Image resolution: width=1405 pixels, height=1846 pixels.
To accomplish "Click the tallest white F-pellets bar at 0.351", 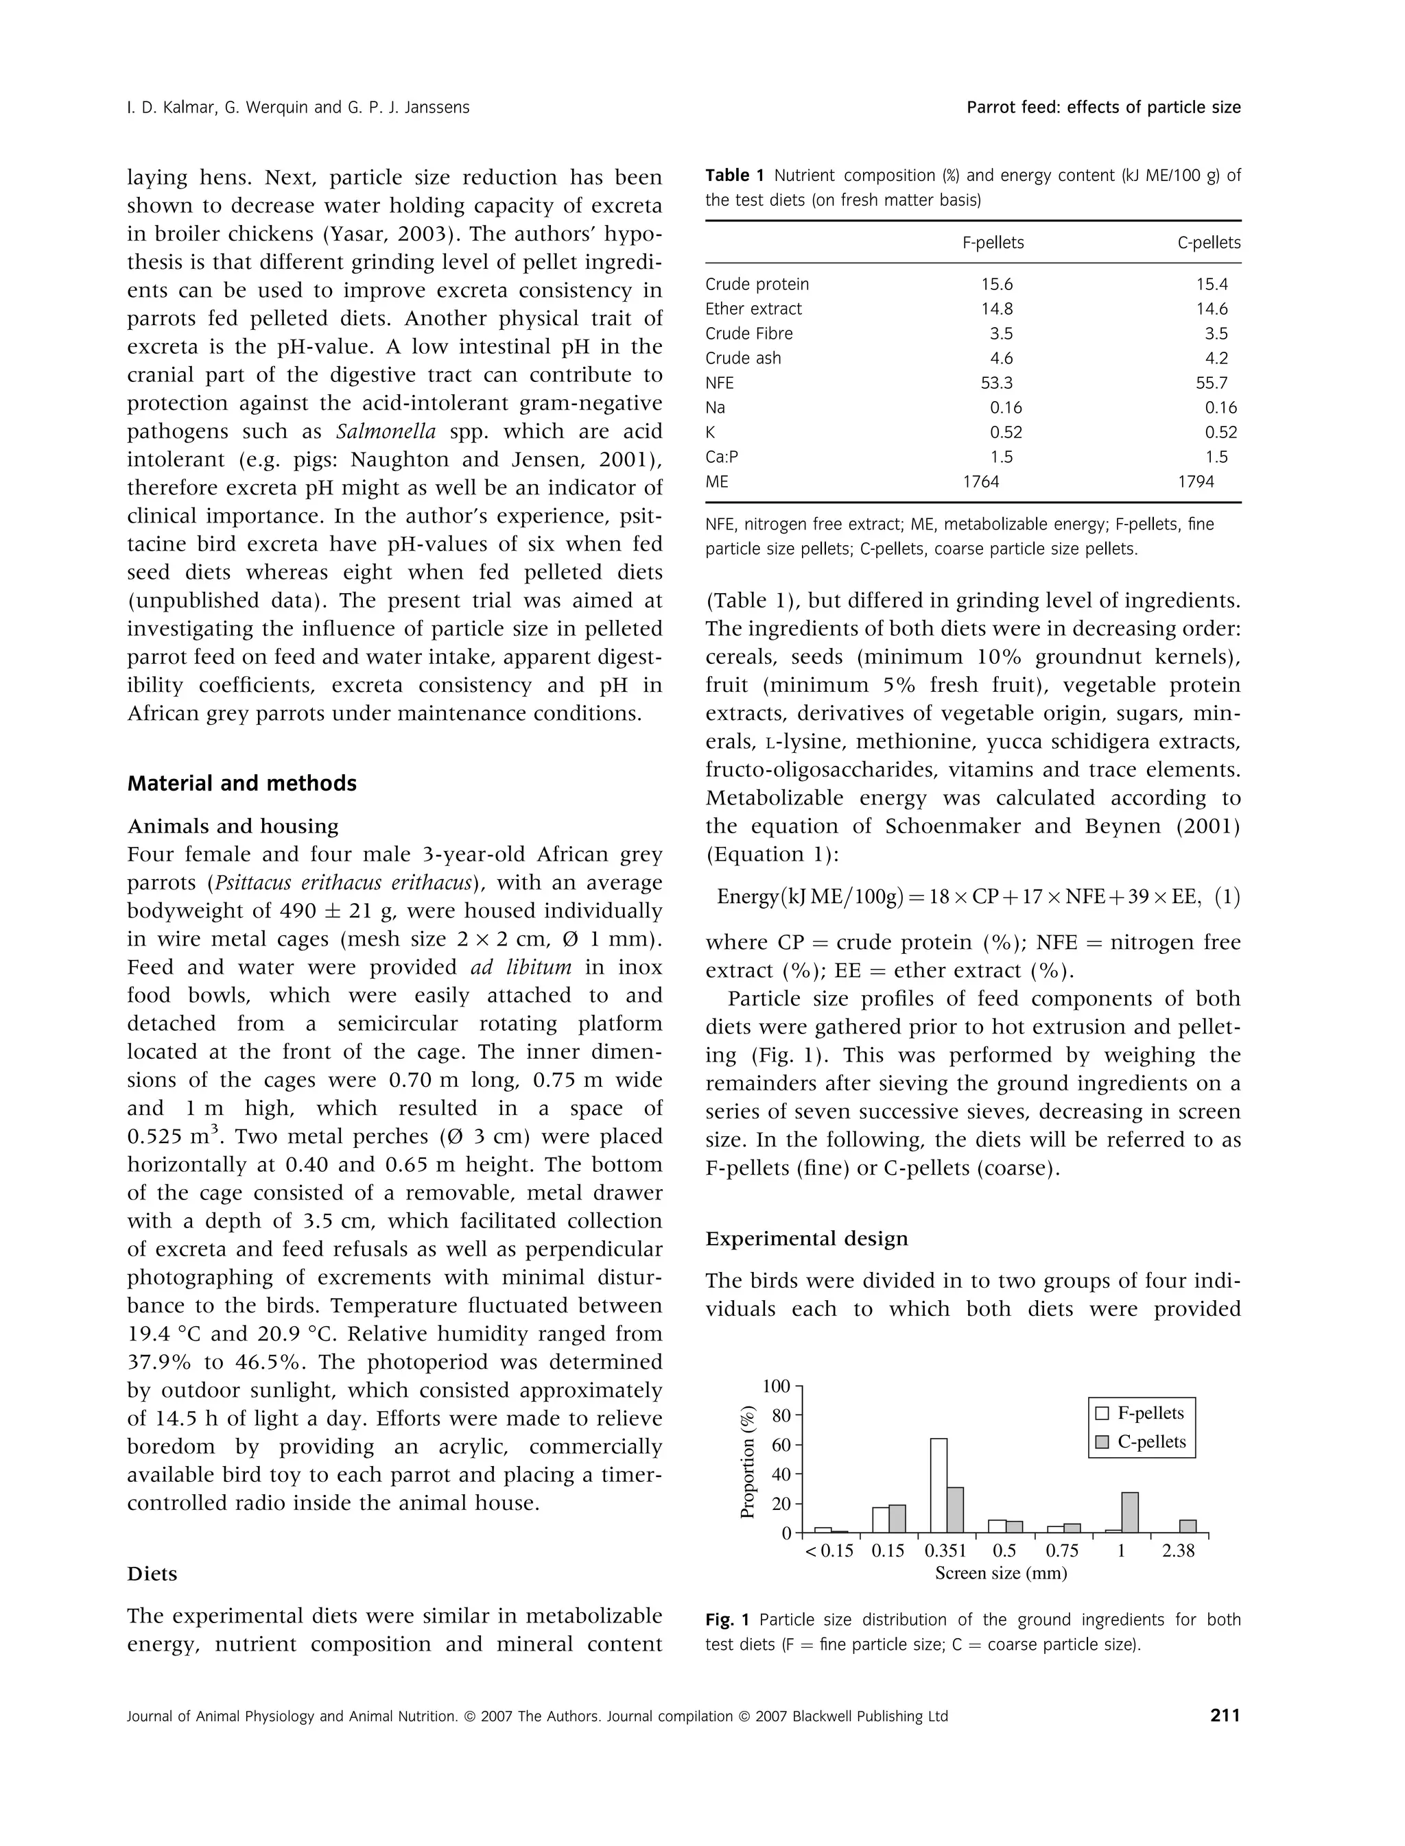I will pyautogui.click(x=938, y=1485).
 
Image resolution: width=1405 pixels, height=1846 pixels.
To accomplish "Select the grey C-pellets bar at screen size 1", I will pyautogui.click(x=1130, y=1511).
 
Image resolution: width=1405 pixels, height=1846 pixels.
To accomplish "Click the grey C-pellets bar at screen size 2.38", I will pyautogui.click(x=1188, y=1526).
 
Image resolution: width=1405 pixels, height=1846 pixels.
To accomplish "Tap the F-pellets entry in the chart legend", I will pyautogui.click(x=1141, y=1413).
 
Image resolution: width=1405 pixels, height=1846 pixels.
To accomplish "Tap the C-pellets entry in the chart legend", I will pyautogui.click(x=1141, y=1441).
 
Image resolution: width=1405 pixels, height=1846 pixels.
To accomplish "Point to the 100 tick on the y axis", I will pyautogui.click(x=777, y=1386).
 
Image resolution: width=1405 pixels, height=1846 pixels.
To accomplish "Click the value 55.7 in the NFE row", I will pyautogui.click(x=1212, y=383).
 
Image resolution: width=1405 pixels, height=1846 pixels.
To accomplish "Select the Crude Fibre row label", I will pyautogui.click(x=748, y=333).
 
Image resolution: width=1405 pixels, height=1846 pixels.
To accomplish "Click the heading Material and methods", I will pyautogui.click(x=241, y=783).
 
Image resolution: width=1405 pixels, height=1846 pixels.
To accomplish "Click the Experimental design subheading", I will pyautogui.click(x=806, y=1238).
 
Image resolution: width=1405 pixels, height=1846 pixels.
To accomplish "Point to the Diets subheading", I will pyautogui.click(x=152, y=1574).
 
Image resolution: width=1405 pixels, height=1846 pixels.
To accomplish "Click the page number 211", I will pyautogui.click(x=1225, y=1716).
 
